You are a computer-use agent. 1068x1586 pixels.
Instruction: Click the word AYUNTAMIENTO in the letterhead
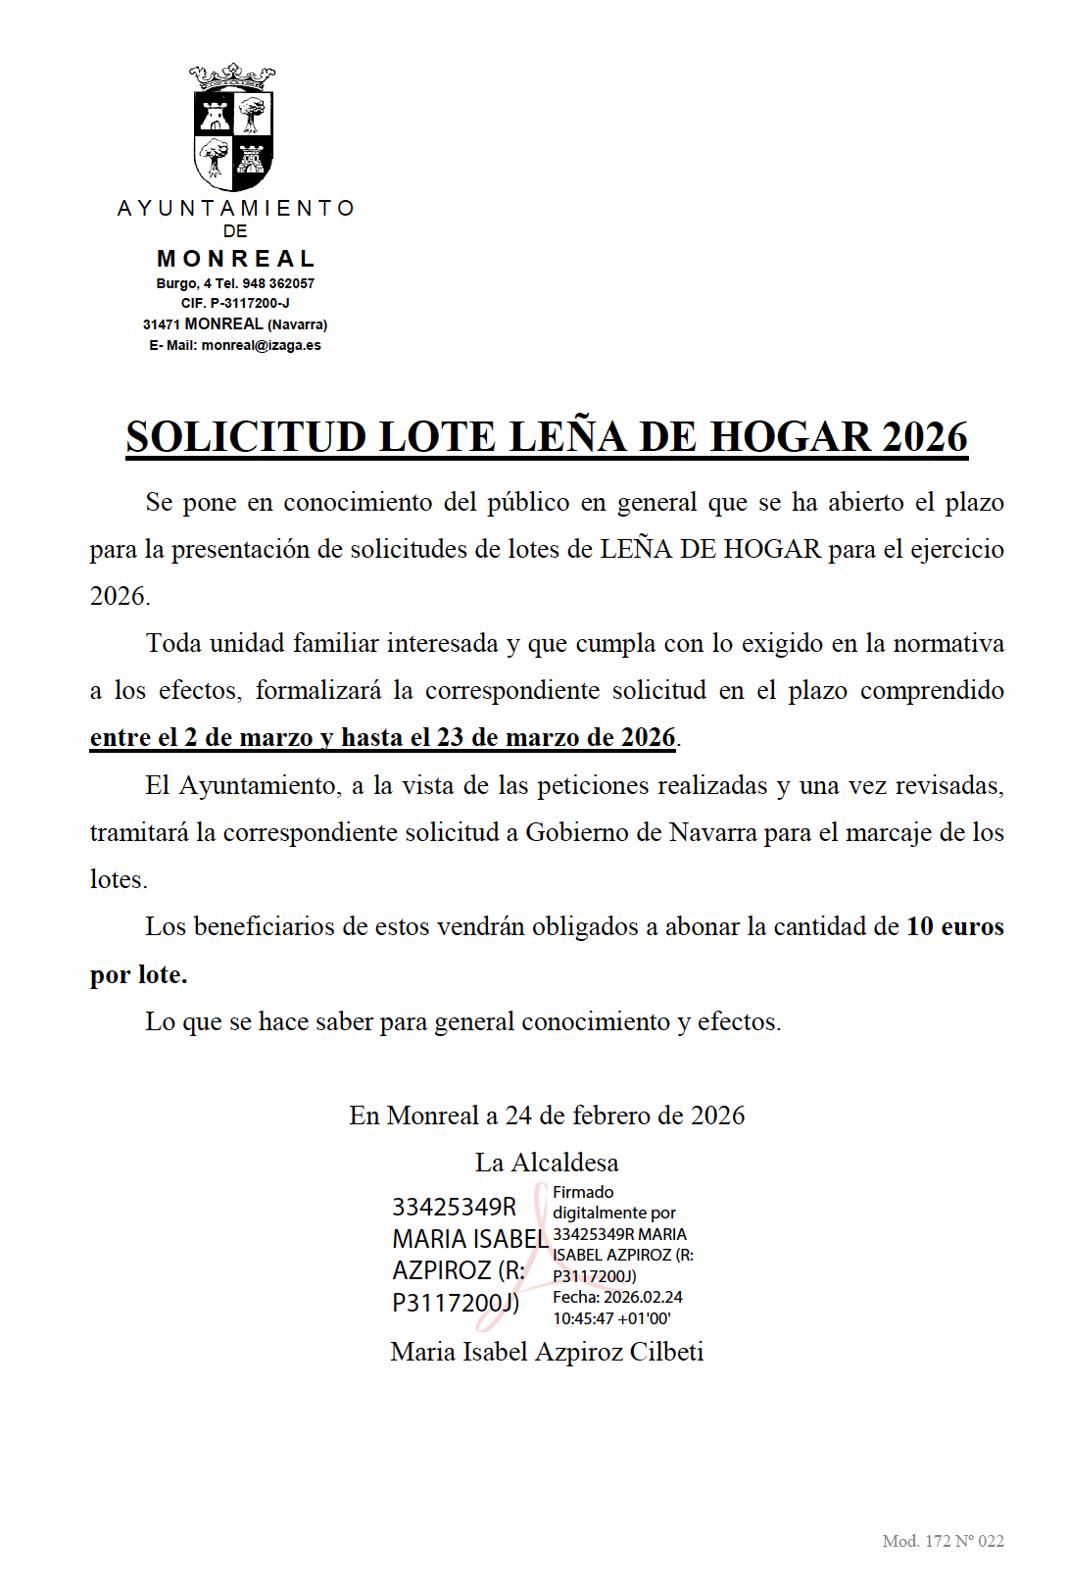tap(235, 209)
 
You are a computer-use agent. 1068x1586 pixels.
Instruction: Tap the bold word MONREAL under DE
tap(236, 259)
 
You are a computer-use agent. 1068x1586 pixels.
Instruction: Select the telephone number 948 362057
tap(278, 283)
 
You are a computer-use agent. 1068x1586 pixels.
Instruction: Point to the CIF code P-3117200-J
tap(250, 303)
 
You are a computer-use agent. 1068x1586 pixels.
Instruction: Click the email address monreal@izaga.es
tap(261, 345)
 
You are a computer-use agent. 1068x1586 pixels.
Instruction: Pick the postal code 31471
tap(161, 324)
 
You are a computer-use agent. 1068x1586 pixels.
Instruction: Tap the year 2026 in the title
tap(924, 437)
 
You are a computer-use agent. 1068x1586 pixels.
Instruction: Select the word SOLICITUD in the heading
tap(246, 437)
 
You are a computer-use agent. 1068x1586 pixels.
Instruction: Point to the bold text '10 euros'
tap(955, 926)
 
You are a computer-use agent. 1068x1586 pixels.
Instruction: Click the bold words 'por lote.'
tap(138, 974)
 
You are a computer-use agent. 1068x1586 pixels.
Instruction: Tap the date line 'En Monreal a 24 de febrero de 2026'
tap(547, 1115)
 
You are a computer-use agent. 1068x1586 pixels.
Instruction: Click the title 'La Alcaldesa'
tap(547, 1163)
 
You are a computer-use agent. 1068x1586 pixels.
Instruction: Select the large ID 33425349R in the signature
tap(454, 1207)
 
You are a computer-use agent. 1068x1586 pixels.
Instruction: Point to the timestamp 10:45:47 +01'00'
tap(611, 1318)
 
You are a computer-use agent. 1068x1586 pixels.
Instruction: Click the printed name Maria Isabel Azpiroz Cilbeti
tap(547, 1352)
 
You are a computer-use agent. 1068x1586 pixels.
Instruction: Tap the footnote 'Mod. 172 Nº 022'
tap(943, 1541)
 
